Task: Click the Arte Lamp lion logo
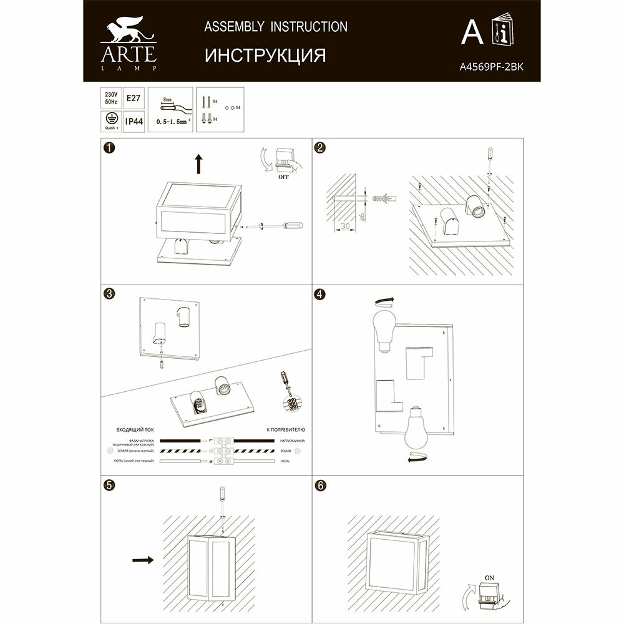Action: [127, 34]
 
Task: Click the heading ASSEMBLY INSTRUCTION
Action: [276, 27]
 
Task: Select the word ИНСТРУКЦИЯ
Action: [265, 56]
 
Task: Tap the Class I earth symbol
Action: [110, 120]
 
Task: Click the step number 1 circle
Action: [109, 148]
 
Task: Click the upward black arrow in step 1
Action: [199, 164]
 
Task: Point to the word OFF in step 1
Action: [283, 177]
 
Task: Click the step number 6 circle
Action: [320, 487]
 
